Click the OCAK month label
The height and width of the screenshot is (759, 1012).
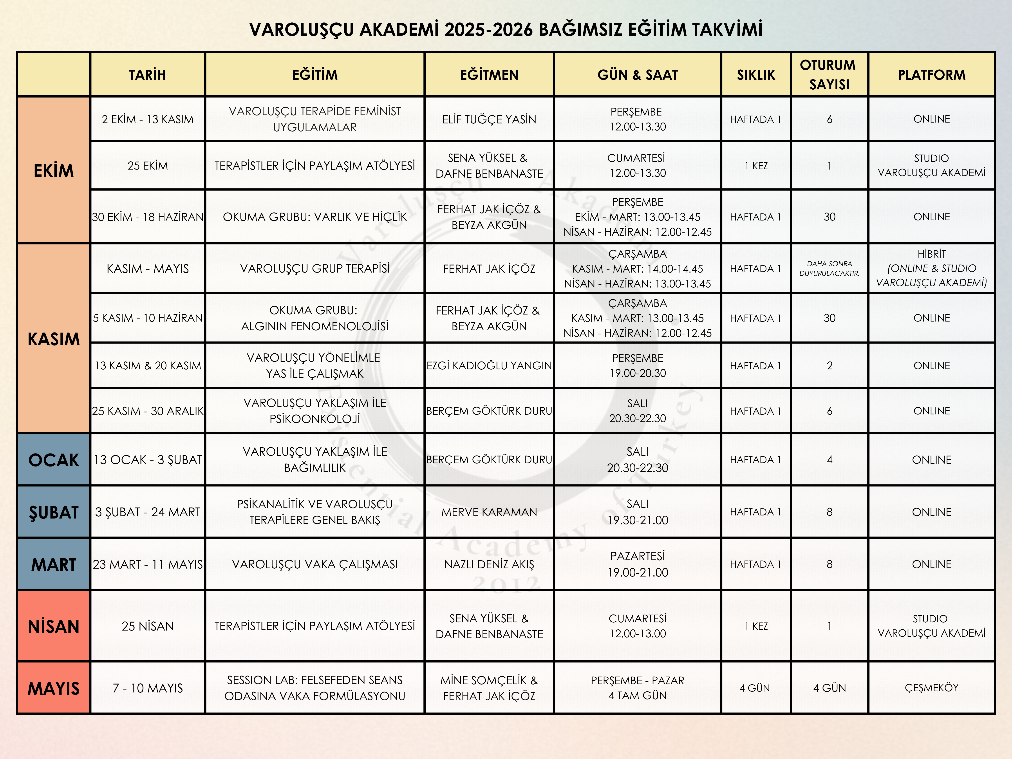[x=54, y=460]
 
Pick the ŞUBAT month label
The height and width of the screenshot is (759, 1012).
[x=54, y=512]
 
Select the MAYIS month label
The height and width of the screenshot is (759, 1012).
[x=54, y=688]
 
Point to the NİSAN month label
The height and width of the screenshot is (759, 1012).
[x=54, y=626]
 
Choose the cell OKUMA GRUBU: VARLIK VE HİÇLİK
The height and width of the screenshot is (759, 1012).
[x=315, y=217]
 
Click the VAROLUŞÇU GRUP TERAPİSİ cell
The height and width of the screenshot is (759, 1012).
[x=315, y=269]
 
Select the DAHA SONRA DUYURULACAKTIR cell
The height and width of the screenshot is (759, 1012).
[x=829, y=269]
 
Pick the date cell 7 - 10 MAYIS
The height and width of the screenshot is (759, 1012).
[x=147, y=688]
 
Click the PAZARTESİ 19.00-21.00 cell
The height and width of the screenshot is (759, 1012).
[x=637, y=564]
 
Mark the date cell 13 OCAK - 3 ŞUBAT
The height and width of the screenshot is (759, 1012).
[x=147, y=460]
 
